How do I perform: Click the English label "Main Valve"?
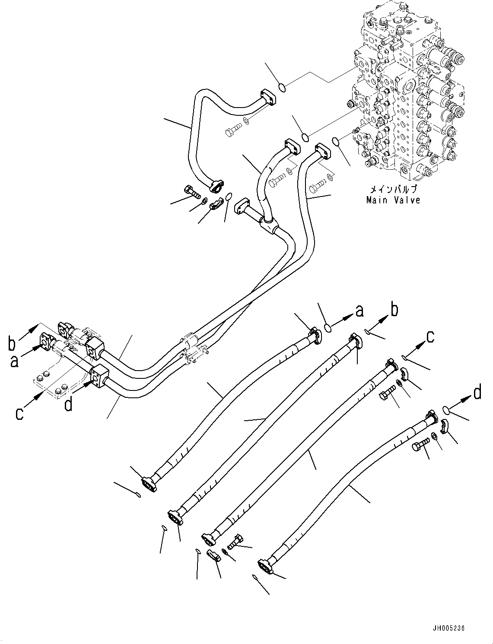pos(393,200)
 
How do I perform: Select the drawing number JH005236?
pos(447,628)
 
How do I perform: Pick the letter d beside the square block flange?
pos(68,405)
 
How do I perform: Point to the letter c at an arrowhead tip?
pos(429,336)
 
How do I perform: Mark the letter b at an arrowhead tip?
pos(394,310)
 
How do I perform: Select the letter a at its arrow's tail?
pos(15,361)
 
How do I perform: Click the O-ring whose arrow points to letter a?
pos(328,329)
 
